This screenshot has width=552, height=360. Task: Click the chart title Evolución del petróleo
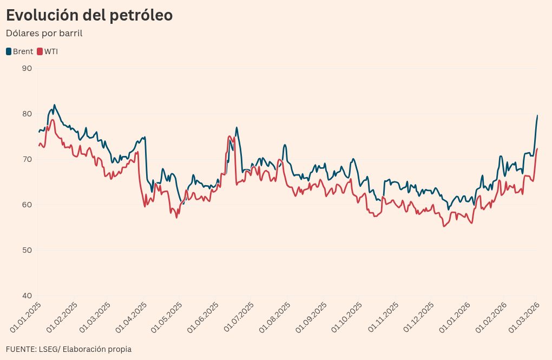(89, 16)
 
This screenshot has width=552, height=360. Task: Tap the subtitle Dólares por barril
(44, 33)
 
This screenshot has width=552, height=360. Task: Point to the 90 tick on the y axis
(27, 68)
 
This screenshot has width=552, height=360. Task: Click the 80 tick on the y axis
(27, 114)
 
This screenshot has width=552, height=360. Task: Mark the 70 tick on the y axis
(27, 159)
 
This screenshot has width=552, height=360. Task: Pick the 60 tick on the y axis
(27, 205)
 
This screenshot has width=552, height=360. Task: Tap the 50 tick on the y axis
(27, 250)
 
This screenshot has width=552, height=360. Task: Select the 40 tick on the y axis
(27, 296)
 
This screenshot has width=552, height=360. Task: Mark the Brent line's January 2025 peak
(55, 105)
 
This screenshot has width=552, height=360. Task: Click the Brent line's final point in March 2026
(537, 115)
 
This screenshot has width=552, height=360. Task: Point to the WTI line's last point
(537, 149)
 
